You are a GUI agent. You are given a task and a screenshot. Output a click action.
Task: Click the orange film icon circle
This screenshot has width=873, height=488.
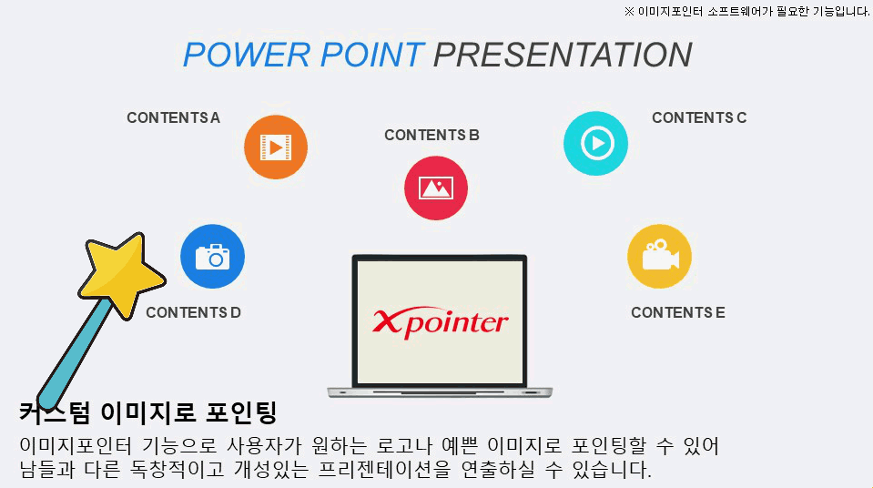[x=276, y=147]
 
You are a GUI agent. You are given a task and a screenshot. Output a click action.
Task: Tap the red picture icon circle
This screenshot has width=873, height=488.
[x=436, y=188]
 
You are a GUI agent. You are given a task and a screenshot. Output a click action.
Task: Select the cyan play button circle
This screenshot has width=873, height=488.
[x=595, y=143]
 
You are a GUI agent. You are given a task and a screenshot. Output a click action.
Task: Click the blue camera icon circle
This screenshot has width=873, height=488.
[x=213, y=256]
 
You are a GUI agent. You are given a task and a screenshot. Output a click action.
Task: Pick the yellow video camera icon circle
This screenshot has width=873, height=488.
[x=660, y=256]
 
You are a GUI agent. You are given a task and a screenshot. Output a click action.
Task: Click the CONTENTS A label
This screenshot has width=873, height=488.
[x=173, y=118]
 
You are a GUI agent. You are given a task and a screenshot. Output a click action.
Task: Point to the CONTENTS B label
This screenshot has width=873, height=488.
[x=431, y=136]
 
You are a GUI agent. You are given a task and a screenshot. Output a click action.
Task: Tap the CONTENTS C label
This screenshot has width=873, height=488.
[x=699, y=118]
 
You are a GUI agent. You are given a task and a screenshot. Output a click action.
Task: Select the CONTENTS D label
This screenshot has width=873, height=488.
[x=193, y=312]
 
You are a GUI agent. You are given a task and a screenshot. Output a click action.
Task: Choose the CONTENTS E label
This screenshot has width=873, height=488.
[x=678, y=312]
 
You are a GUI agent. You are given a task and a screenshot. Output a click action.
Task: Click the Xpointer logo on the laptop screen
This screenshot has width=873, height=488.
[x=440, y=322]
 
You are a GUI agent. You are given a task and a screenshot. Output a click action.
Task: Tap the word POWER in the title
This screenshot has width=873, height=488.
[x=247, y=55]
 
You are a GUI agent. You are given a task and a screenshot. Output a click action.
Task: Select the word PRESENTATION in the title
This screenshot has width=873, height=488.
[x=563, y=55]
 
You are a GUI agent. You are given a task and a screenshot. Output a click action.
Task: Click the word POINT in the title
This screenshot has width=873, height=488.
[x=372, y=55]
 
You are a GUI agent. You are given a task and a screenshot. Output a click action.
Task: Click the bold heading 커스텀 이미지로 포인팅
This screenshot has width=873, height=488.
[x=148, y=412]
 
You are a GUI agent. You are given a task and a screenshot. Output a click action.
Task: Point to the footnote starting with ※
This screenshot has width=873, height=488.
[x=746, y=11]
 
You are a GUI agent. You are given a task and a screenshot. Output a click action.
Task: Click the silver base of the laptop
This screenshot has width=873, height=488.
[x=440, y=392]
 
